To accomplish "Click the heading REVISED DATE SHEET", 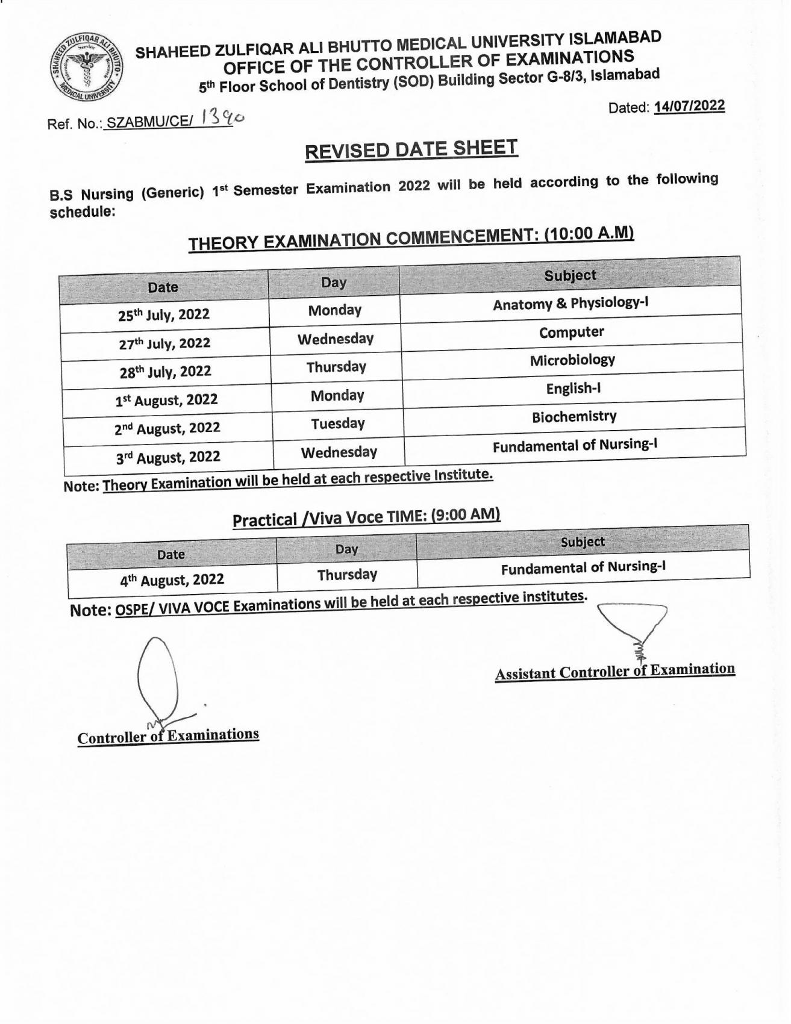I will (411, 149).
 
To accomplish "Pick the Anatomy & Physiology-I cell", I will (571, 304).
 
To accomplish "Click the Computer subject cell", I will (571, 332).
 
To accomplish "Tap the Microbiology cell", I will (572, 360).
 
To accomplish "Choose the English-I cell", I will (574, 389).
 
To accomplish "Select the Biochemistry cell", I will (574, 417).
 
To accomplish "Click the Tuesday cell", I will (338, 424).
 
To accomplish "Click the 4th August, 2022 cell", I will (172, 580).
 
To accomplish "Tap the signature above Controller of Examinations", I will (160, 681).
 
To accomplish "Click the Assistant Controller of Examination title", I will (614, 671).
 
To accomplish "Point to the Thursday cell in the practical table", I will (347, 575).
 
